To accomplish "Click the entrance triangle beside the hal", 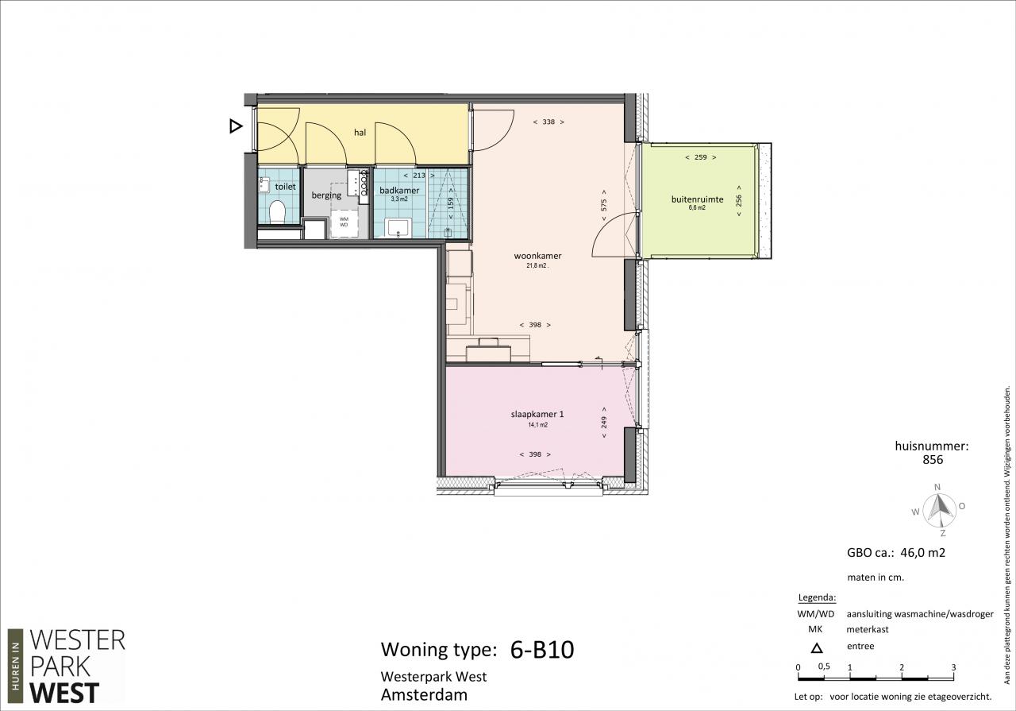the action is point(236,126).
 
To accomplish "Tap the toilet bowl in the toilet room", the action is point(277,212).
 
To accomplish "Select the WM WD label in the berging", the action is point(344,222).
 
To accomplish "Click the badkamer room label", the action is point(399,191).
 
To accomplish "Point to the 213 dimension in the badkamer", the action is point(419,176).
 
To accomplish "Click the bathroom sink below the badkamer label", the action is point(398,227).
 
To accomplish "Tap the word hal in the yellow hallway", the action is point(360,133).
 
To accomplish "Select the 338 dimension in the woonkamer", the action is point(548,122).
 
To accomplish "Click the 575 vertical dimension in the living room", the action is point(604,206).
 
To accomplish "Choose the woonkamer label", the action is point(537,256).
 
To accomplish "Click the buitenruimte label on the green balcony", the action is point(697,199).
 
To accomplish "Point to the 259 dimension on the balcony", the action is point(701,157).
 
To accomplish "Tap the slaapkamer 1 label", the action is point(537,414).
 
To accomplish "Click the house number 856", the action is point(933,460).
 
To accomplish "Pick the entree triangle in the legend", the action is point(817,648).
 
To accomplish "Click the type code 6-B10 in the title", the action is point(542,650).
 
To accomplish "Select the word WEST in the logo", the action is point(64,694).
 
